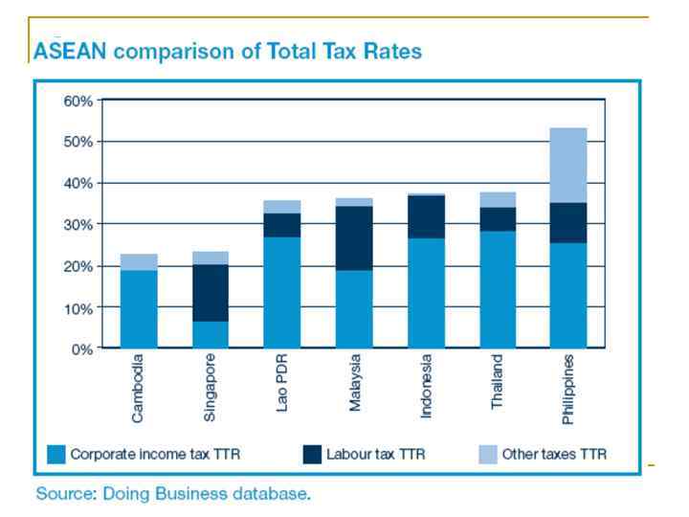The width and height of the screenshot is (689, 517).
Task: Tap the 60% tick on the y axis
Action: [x=78, y=101]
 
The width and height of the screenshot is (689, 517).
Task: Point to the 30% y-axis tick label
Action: [x=78, y=224]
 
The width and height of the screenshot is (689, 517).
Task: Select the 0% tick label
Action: [x=82, y=348]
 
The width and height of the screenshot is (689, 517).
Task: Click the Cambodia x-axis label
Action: [x=139, y=391]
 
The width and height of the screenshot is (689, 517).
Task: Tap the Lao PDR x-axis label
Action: [x=282, y=384]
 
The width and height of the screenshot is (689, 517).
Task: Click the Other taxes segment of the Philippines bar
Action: [x=568, y=165]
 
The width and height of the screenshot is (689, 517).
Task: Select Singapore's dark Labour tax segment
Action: [x=211, y=293]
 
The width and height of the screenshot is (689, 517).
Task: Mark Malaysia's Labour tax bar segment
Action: [x=354, y=238]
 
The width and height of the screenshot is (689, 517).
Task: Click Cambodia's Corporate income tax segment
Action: [x=139, y=309]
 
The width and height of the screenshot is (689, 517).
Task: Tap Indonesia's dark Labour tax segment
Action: [x=426, y=216]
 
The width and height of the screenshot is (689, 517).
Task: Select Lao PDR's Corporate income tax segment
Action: [x=282, y=292]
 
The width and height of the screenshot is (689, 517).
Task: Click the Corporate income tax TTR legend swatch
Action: [x=56, y=454]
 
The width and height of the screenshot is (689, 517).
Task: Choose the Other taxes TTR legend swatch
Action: [x=487, y=454]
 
